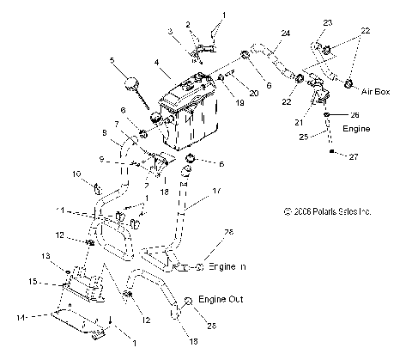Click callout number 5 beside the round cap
112,60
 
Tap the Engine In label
227,268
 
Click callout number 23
327,21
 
